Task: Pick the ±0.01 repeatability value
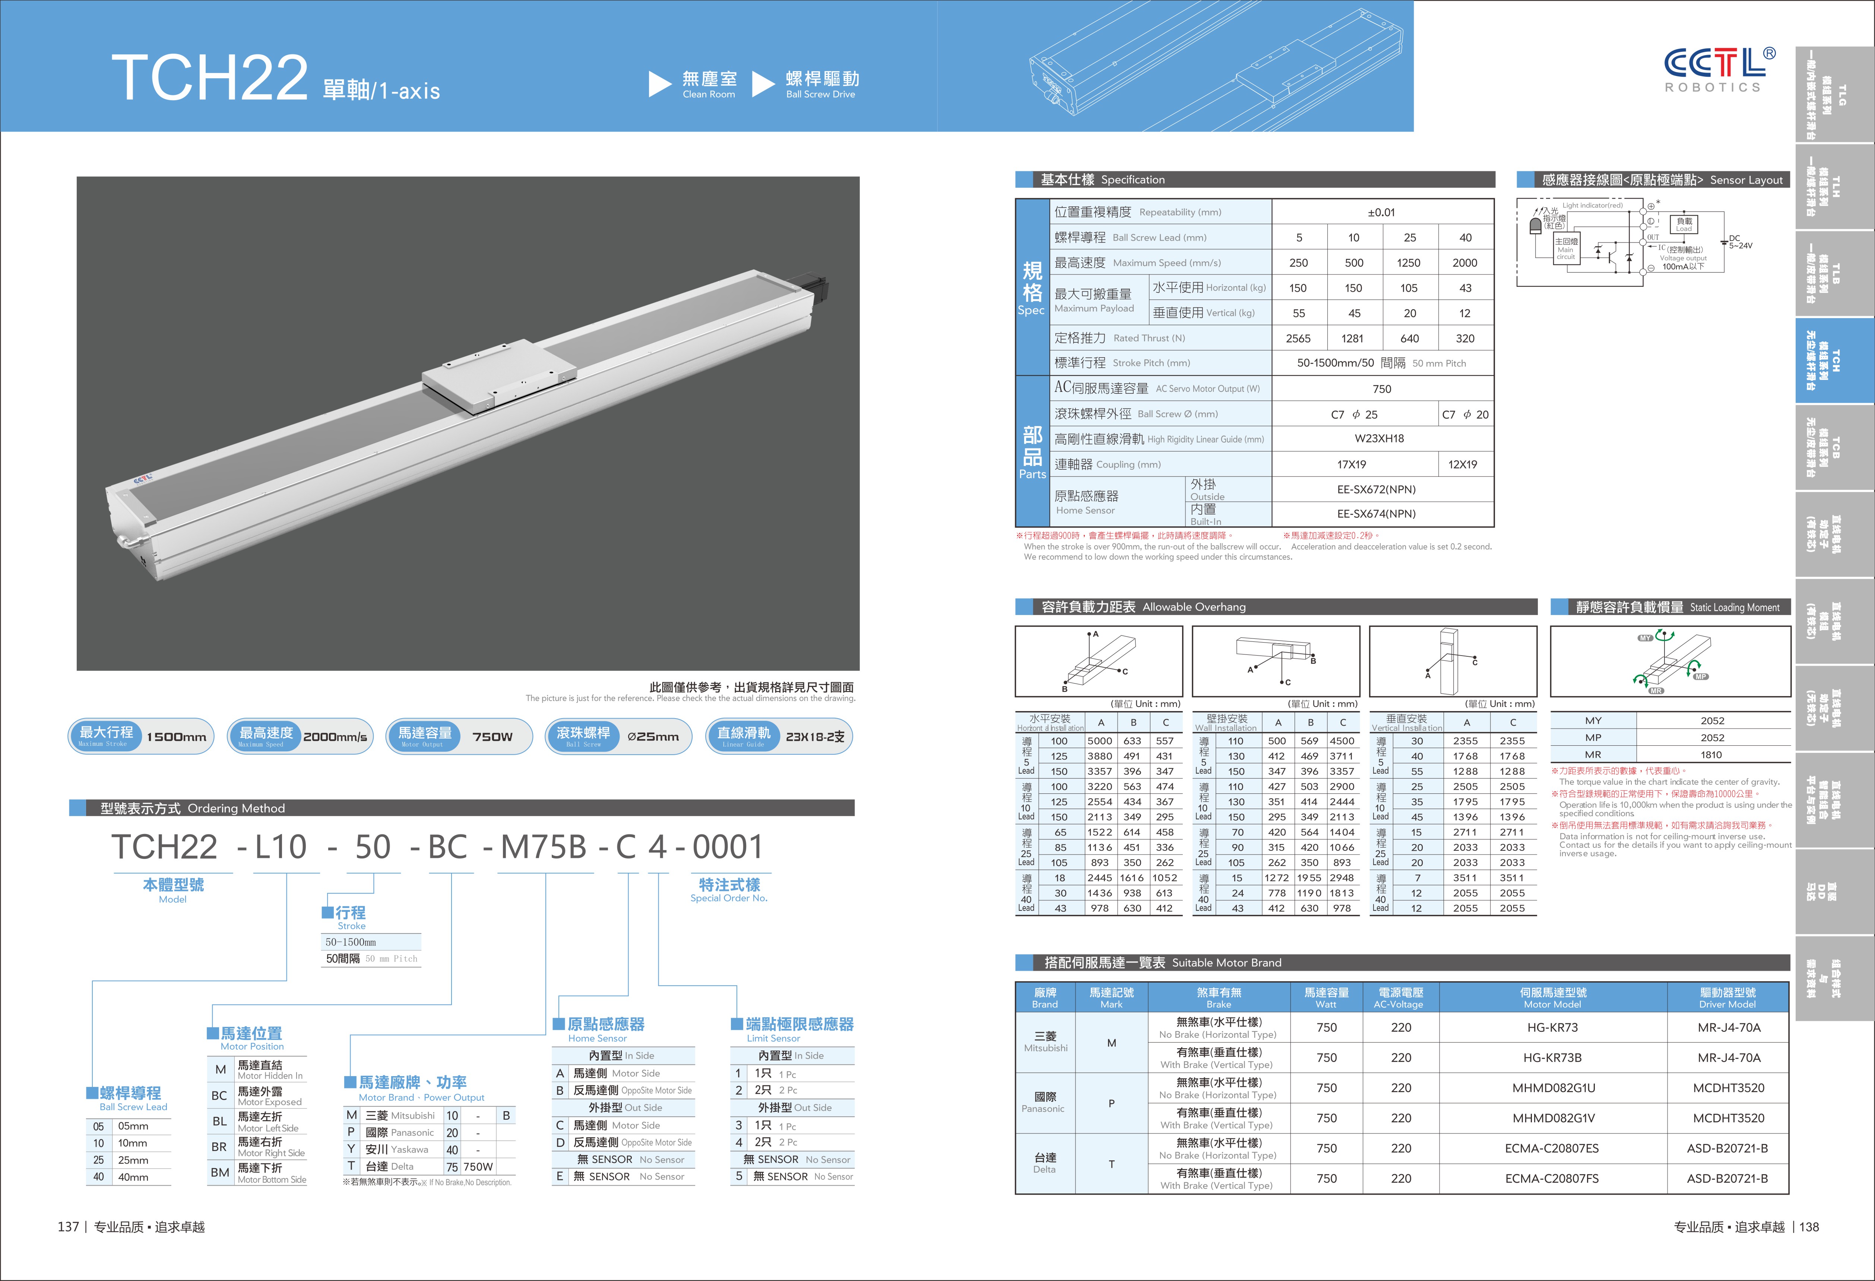[x=1381, y=212]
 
